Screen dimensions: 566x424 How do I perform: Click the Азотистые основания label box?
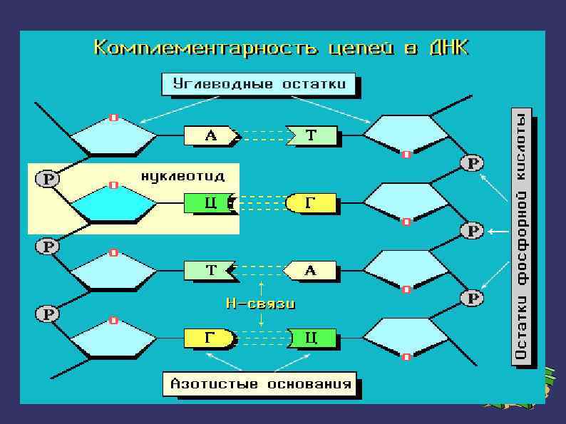[x=260, y=385]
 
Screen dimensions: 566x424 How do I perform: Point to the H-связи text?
[x=260, y=303]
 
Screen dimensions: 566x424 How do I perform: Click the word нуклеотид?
[x=183, y=175]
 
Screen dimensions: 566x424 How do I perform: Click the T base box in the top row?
[x=312, y=135]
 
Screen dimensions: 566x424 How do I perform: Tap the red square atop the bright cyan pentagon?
[x=113, y=185]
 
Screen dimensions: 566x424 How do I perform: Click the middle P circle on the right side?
[x=472, y=231]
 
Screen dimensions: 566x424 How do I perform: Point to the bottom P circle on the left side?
[x=47, y=314]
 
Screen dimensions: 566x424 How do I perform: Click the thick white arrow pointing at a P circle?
[x=498, y=231]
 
